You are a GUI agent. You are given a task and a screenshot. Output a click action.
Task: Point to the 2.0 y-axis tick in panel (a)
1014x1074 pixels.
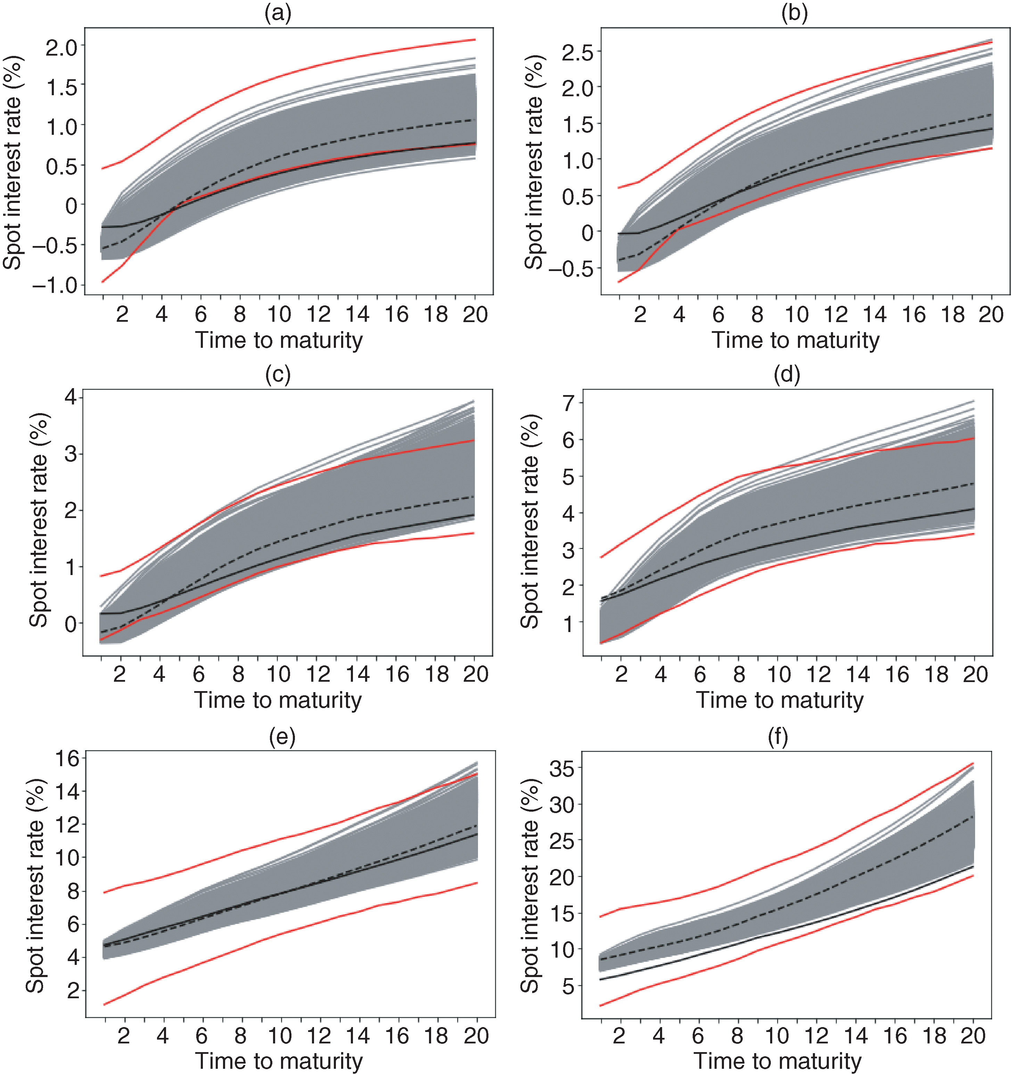(61, 48)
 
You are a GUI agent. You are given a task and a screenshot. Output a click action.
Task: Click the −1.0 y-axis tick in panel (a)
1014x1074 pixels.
(55, 285)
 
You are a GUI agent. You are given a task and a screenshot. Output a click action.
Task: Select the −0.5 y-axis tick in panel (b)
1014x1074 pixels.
(571, 269)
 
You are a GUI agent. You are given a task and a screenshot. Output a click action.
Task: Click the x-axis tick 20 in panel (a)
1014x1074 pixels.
(475, 314)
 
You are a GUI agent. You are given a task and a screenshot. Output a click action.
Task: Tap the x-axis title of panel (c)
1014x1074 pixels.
(278, 700)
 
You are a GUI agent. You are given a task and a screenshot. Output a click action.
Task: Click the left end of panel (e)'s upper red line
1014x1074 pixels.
(104, 892)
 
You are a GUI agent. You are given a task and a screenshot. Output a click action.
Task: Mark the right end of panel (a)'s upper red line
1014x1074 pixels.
(475, 40)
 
